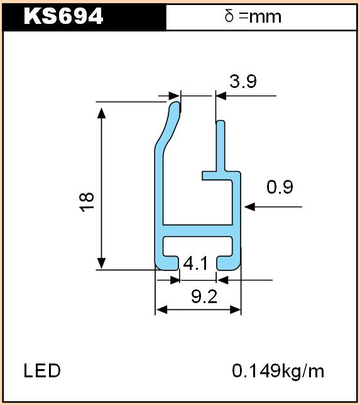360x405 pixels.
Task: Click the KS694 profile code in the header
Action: pos(63,16)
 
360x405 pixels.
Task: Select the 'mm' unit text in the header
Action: pos(265,18)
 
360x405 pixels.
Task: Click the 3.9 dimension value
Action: pos(243,81)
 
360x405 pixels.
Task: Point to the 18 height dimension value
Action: pos(87,202)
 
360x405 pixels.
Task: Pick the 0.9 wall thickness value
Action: pos(280,187)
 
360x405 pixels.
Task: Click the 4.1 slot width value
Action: pos(195,264)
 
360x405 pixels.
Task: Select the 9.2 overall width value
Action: pos(204,297)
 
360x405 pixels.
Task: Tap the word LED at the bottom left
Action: pos(42,370)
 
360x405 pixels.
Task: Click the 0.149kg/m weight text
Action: pos(278,371)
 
